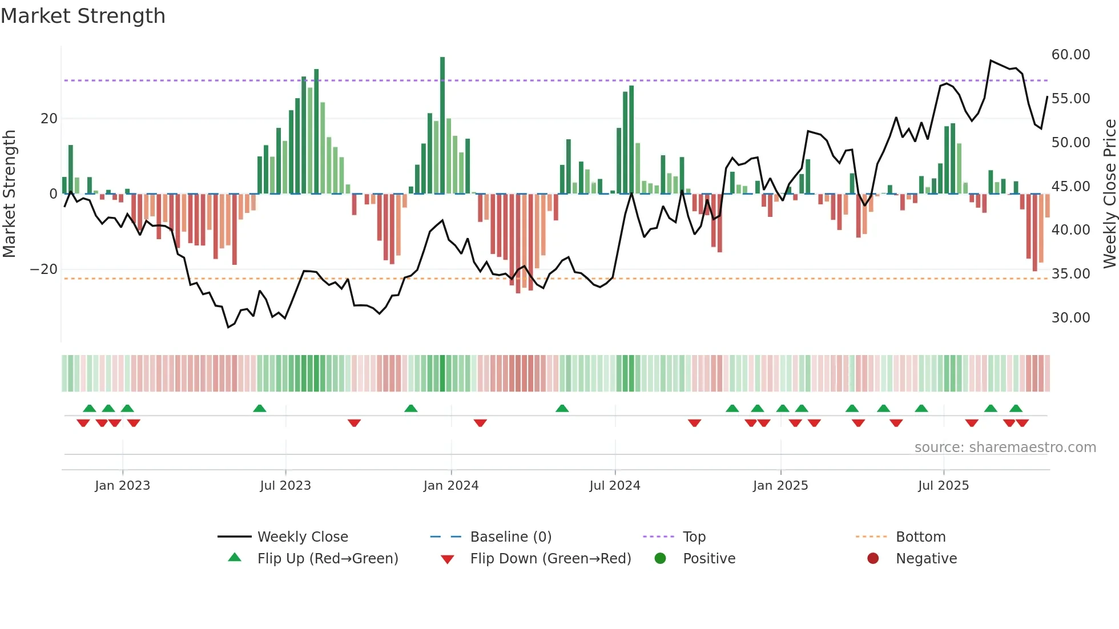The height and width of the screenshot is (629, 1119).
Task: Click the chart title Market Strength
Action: [83, 16]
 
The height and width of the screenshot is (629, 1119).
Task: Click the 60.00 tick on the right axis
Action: [1070, 55]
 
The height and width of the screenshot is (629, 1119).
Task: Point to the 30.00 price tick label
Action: [1070, 318]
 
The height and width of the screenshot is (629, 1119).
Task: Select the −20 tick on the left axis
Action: [44, 269]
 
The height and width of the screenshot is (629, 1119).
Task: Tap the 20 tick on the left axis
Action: [49, 119]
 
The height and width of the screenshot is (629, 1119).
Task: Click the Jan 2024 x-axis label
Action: [450, 486]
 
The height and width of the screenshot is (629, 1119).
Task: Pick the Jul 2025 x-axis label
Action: [943, 486]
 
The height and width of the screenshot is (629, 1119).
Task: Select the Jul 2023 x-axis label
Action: [285, 486]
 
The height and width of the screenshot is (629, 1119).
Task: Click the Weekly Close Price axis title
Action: [1109, 194]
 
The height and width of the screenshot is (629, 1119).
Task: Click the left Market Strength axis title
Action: [9, 194]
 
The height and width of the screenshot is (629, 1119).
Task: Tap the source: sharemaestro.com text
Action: [1005, 447]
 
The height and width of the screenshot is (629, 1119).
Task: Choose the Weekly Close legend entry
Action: [303, 537]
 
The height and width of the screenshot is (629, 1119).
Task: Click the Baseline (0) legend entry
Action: [510, 537]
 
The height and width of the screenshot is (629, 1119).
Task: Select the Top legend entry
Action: [694, 537]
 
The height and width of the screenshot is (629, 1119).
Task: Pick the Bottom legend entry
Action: [920, 537]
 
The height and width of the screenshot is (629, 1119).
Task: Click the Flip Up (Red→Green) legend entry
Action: [327, 559]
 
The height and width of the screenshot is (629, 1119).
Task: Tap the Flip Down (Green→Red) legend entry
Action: [550, 559]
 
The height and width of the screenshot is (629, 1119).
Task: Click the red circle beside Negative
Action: [873, 559]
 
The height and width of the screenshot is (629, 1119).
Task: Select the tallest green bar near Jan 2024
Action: [442, 126]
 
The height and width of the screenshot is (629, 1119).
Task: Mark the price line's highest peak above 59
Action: [991, 61]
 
